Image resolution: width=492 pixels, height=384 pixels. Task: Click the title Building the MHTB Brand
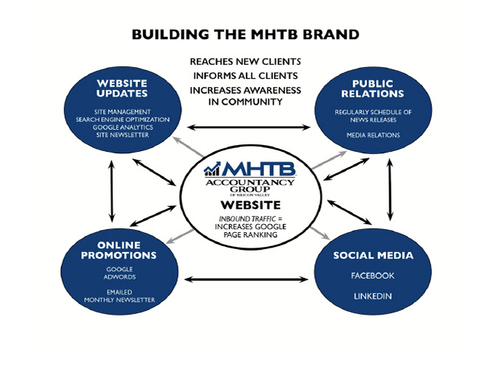[x=245, y=35]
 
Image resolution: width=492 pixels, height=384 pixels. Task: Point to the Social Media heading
[x=373, y=256]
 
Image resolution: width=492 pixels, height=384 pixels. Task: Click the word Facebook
[x=373, y=276]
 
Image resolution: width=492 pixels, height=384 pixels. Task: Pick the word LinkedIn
[x=373, y=296]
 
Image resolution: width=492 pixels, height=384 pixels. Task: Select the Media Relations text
[x=373, y=136]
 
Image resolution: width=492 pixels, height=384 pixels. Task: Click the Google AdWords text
[x=119, y=273]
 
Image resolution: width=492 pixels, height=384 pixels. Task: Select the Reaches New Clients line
[x=246, y=63]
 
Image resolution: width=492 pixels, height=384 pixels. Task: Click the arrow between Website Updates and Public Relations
[x=245, y=128]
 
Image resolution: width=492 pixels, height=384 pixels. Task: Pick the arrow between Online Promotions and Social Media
[x=245, y=279]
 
